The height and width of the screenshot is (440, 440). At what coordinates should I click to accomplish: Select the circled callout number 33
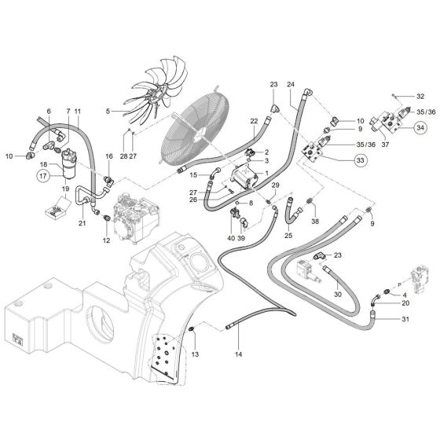point(361,162)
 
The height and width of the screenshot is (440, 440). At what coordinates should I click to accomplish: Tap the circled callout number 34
point(420,127)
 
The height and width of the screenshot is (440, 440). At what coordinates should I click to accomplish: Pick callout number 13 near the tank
point(196,355)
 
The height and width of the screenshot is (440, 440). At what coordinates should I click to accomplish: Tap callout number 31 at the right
point(405,318)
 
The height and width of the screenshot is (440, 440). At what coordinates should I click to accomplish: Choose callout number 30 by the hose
point(338,295)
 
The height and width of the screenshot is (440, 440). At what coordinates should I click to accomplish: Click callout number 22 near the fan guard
point(254,121)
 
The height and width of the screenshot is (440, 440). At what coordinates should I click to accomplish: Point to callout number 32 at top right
point(422,96)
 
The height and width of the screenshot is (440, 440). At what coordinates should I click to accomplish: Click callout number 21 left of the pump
point(82,223)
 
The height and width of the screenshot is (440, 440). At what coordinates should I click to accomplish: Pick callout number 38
point(315,222)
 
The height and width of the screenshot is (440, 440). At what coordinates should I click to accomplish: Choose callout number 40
point(230,238)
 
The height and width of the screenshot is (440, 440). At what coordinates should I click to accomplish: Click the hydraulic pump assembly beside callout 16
point(134,217)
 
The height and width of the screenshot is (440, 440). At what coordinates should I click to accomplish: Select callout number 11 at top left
point(77,112)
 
